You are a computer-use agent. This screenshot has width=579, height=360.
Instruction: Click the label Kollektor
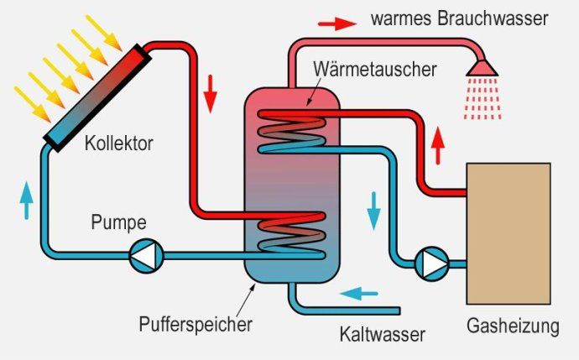point(118,143)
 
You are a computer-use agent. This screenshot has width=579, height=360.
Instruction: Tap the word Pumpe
point(118,223)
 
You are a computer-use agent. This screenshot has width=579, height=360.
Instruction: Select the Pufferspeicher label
point(199,321)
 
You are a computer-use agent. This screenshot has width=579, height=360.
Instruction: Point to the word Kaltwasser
point(383,334)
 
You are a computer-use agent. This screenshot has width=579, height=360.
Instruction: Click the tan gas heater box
point(508,232)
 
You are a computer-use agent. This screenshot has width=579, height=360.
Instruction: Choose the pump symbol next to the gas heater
point(432,263)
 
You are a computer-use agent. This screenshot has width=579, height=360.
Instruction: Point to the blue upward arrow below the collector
point(27,199)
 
